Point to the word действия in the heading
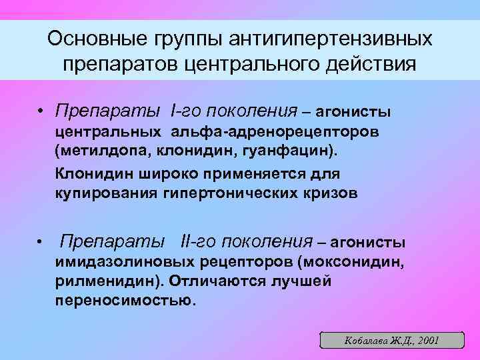[370, 65]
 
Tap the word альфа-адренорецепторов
[274, 130]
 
